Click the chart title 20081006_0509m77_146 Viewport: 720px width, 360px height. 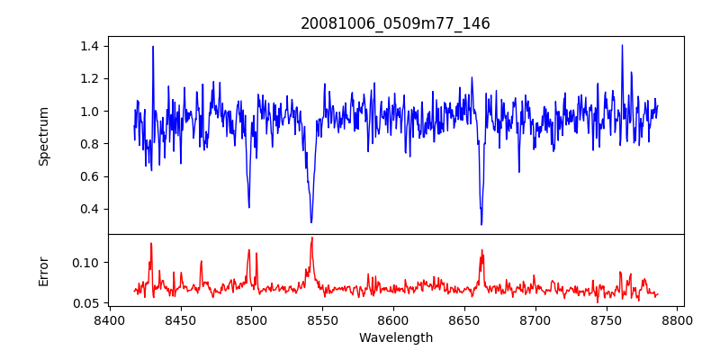pos(395,23)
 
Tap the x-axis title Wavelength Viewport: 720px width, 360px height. pos(395,338)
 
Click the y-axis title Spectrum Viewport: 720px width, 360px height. pos(44,136)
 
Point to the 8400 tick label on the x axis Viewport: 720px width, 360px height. pos(109,319)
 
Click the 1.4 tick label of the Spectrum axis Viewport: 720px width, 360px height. pos(91,46)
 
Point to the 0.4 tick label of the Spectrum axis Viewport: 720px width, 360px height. pos(91,209)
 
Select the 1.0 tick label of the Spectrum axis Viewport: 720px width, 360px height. pos(91,112)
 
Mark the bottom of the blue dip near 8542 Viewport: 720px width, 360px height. pos(311,221)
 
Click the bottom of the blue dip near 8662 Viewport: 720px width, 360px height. pos(481,224)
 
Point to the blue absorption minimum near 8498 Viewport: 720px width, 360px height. pos(248,207)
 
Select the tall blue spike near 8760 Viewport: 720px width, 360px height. pos(622,45)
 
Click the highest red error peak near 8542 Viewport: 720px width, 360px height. pos(311,238)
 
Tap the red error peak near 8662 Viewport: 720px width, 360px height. pos(481,249)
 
